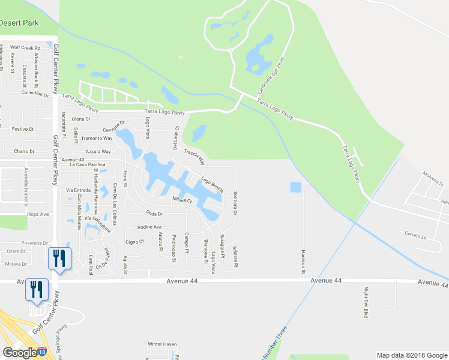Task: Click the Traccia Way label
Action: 194,157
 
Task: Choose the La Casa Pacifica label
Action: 88,164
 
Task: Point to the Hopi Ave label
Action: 37,213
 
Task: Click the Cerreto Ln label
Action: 414,234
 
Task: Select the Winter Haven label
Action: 163,344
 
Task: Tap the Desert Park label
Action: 19,23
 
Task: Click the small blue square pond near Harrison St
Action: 295,187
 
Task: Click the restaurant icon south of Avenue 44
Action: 37,290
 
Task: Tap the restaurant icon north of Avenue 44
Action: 59,258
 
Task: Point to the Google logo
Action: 19,352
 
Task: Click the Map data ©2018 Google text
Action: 411,355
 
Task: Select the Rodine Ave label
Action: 149,227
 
